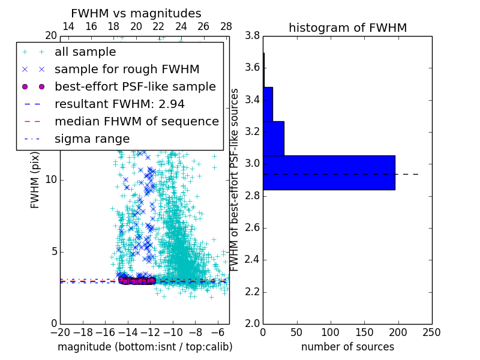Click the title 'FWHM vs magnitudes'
[x=136, y=13]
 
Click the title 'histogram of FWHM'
[x=347, y=28]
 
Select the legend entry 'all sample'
[x=85, y=52]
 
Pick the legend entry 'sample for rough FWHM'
[x=127, y=69]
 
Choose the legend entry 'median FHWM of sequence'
[x=136, y=121]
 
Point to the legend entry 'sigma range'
[x=92, y=139]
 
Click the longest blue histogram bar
[x=329, y=172]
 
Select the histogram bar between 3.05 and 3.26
[x=274, y=138]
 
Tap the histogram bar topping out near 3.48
[x=268, y=104]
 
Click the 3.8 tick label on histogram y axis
[x=252, y=35]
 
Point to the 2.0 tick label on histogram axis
[x=252, y=323]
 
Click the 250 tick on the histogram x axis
[x=431, y=332]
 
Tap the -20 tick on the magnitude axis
[x=60, y=332]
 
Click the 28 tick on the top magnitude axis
[x=226, y=26]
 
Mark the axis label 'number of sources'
[x=347, y=347]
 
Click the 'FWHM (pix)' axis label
[x=35, y=179]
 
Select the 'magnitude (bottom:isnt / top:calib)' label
[x=145, y=347]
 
